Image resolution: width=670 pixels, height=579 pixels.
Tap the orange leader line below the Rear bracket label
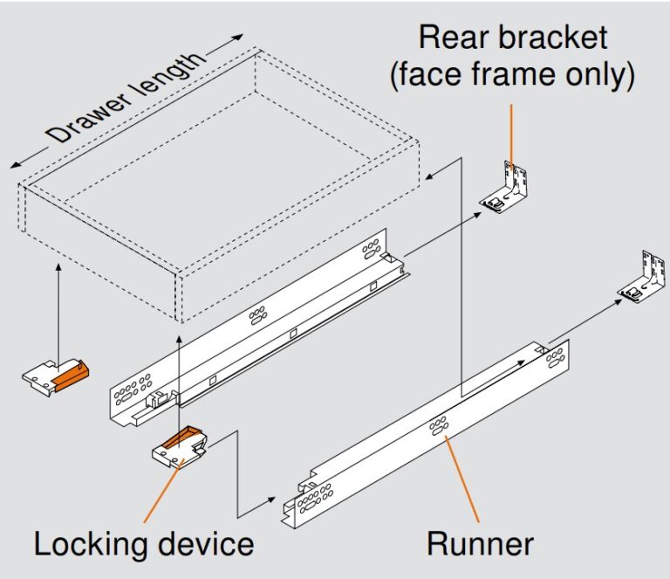(511, 131)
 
